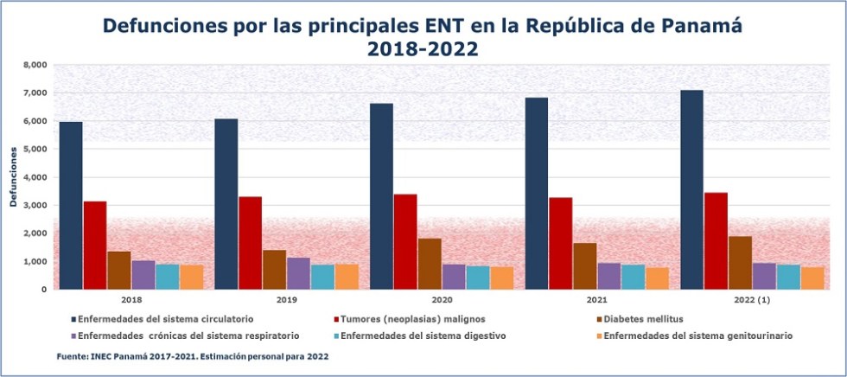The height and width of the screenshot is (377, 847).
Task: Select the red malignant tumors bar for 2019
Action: pyautogui.click(x=250, y=243)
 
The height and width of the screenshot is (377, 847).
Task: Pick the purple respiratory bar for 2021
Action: pyautogui.click(x=609, y=276)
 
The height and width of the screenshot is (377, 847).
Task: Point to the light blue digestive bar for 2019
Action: pyautogui.click(x=322, y=277)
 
